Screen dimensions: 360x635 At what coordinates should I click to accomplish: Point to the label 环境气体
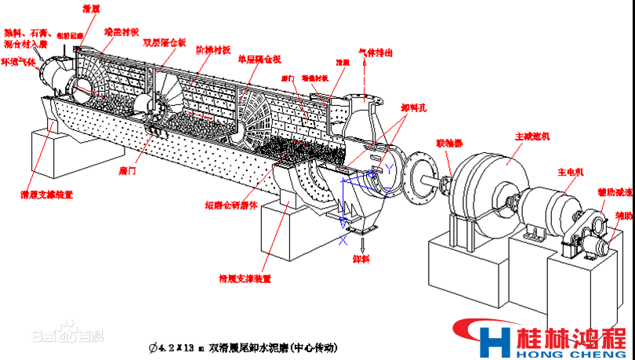tap(17, 60)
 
